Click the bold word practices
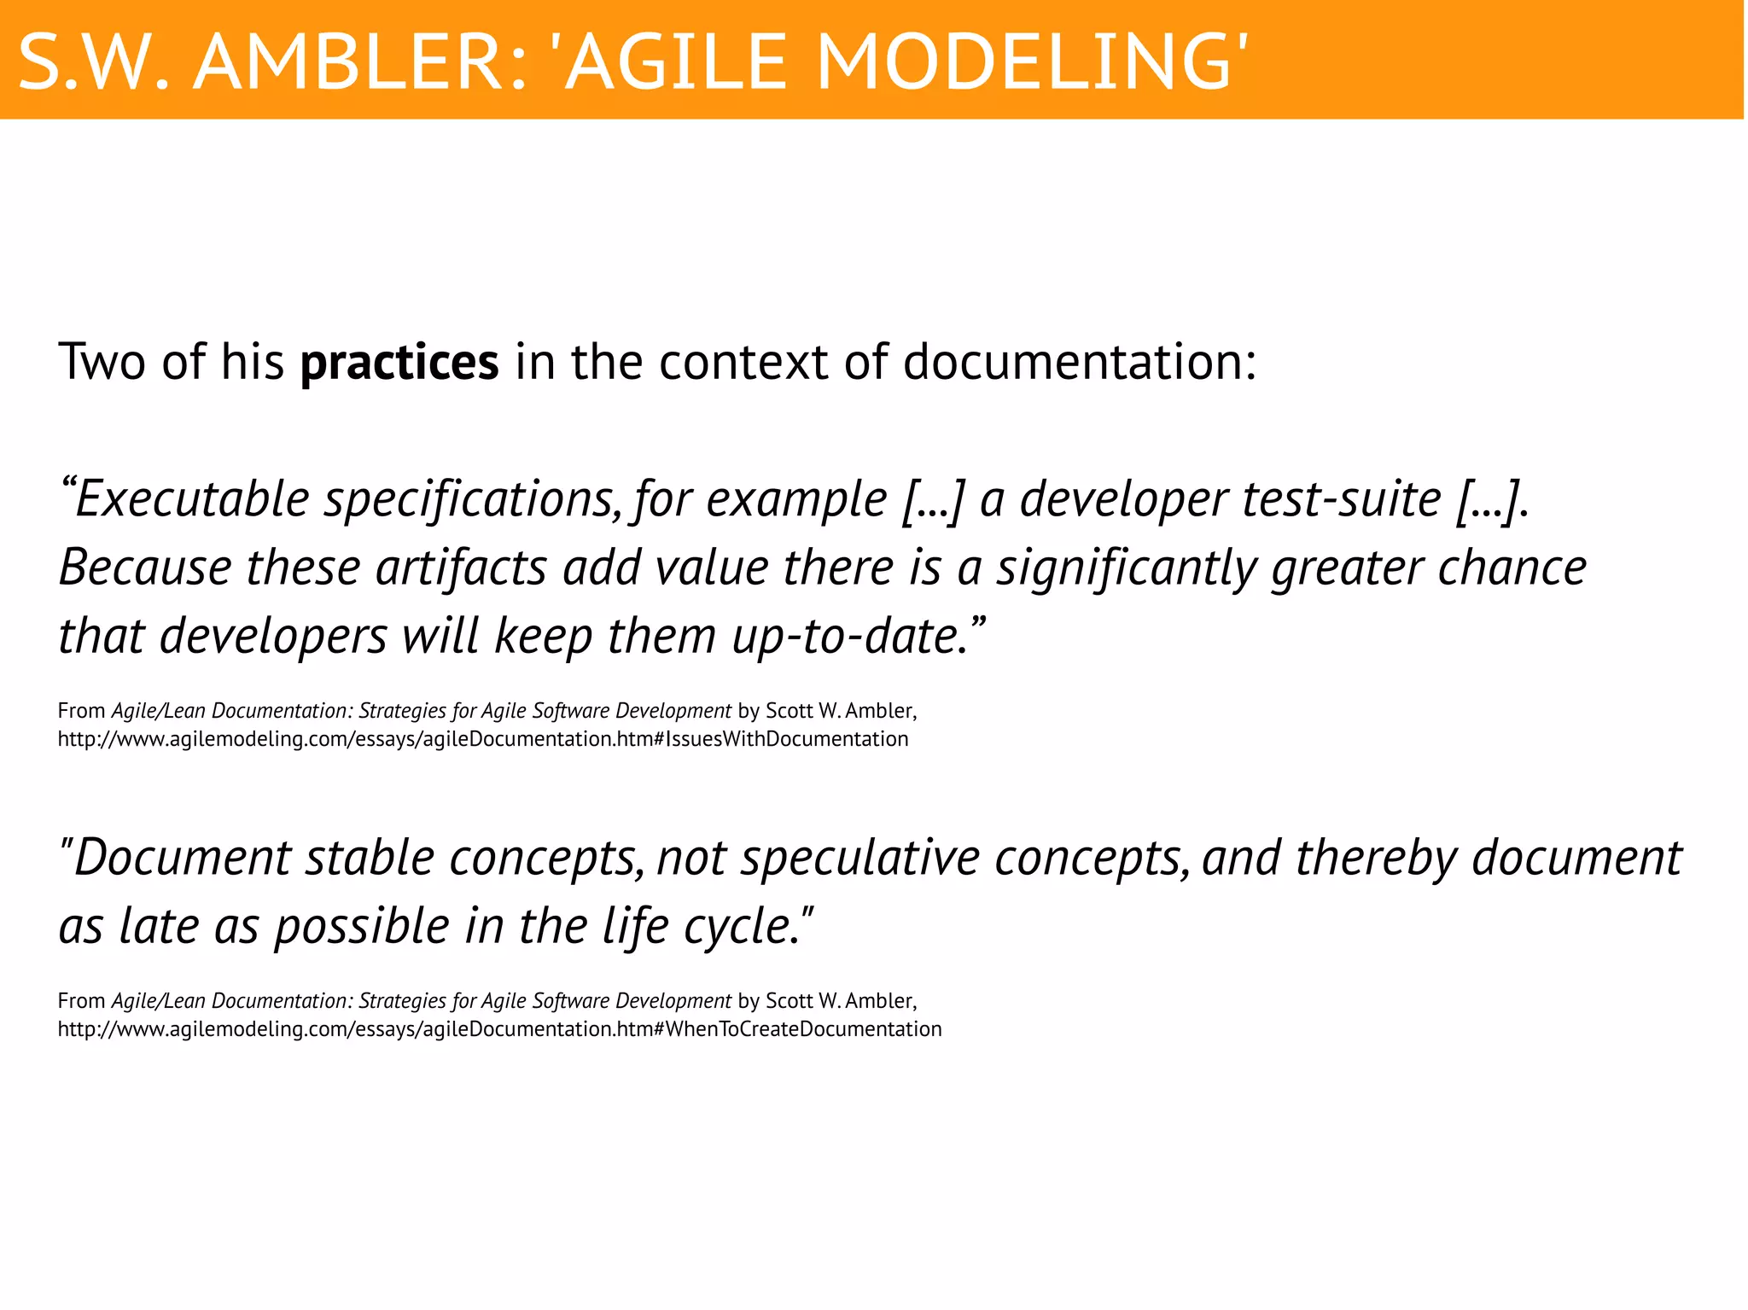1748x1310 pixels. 399,363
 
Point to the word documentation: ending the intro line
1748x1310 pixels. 1080,363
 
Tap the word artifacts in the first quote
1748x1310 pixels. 461,568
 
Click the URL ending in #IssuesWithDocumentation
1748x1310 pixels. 483,739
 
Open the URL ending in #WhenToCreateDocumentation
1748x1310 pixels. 499,1029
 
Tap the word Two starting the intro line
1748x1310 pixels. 102,363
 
